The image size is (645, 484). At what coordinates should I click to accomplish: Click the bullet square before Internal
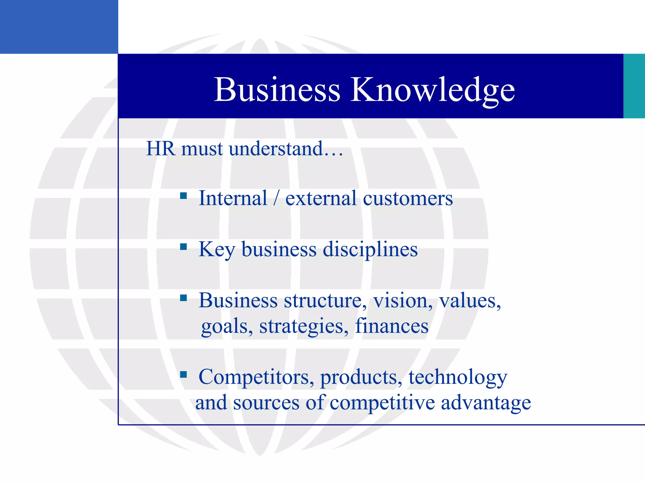point(183,196)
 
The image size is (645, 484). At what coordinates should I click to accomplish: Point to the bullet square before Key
point(183,247)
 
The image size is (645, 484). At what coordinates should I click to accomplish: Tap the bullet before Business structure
point(183,298)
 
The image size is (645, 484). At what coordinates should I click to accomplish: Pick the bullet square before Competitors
point(183,375)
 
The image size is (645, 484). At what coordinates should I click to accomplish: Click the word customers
point(408,199)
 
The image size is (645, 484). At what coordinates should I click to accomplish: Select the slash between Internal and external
point(276,199)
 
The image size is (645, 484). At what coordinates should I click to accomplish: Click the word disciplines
point(370,249)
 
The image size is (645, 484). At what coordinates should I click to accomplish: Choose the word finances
point(392,326)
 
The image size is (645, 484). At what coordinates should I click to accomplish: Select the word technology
point(458,377)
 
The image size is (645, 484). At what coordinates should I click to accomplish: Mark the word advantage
point(486,403)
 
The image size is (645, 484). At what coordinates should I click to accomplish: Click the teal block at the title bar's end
point(634,86)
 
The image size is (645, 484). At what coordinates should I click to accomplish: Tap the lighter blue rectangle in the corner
point(59,27)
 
